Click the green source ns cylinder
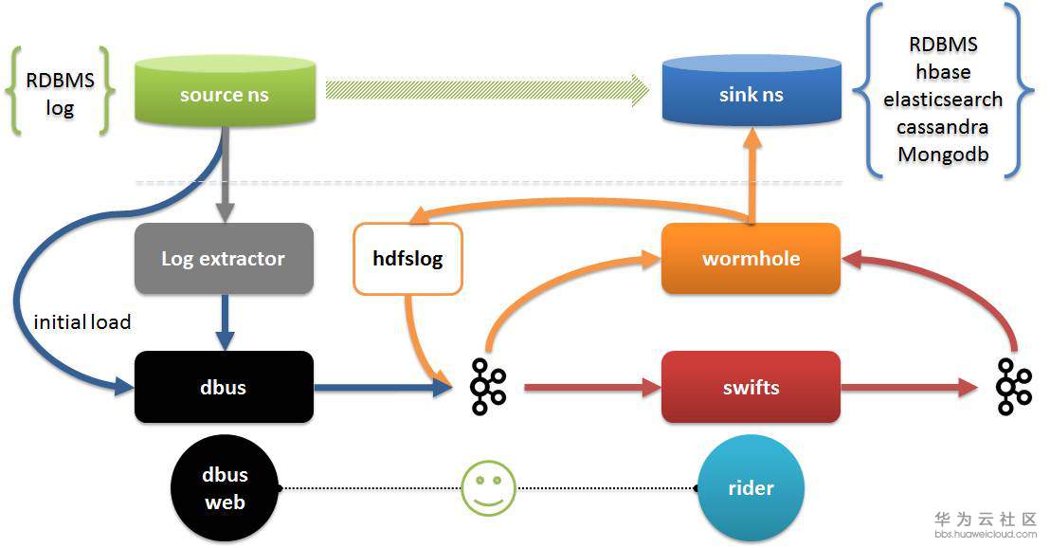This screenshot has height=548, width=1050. (225, 91)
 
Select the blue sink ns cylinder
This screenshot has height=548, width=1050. (751, 91)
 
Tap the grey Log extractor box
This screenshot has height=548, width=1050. (224, 259)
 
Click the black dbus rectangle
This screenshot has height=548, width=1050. (224, 387)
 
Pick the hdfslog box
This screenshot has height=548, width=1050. (407, 259)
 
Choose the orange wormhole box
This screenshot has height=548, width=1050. (751, 259)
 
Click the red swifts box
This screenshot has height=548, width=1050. (751, 387)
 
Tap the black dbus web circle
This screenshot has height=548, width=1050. (225, 487)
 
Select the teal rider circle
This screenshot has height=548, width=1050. (751, 487)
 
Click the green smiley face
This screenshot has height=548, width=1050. (489, 487)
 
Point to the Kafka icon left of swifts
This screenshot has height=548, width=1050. (488, 387)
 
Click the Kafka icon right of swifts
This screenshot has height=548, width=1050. (1014, 387)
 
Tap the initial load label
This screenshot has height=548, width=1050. (81, 322)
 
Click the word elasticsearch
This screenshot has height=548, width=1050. (943, 100)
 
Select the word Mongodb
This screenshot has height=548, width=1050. (943, 155)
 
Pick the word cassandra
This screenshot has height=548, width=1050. (943, 127)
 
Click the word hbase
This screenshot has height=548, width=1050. (943, 72)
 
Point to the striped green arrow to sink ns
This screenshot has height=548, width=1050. (487, 90)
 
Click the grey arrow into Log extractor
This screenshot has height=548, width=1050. (225, 174)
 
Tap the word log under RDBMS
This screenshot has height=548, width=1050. (60, 108)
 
